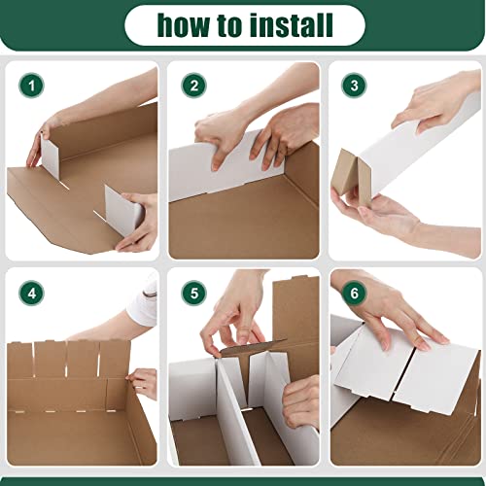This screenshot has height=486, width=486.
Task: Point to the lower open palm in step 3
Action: coord(389,219)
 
